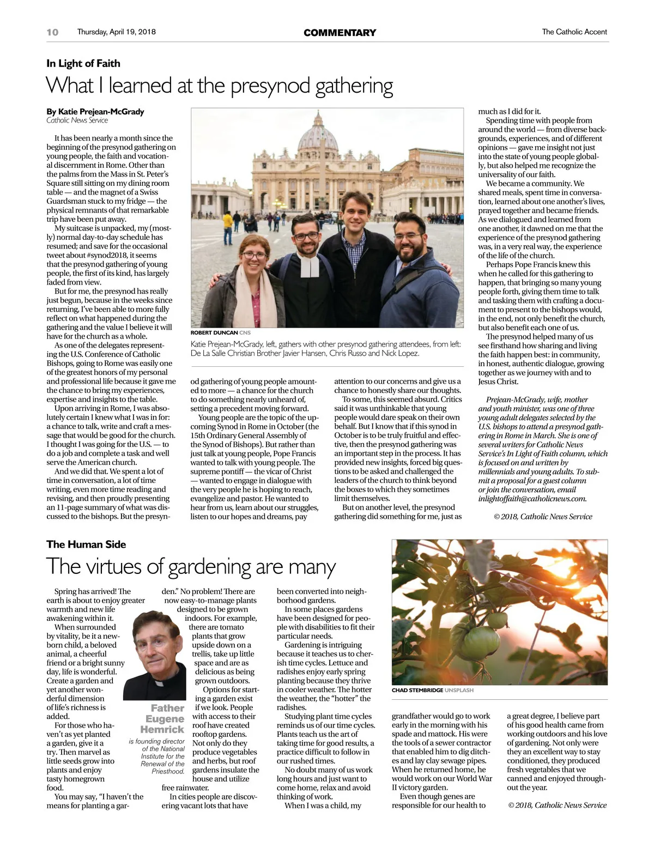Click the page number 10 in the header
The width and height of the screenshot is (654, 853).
52,32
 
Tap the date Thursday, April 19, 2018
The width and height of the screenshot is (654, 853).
116,32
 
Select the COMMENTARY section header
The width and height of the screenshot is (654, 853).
340,33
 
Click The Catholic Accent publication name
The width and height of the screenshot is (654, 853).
574,32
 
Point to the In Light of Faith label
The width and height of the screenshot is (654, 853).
83,63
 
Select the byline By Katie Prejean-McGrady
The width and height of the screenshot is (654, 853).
95,111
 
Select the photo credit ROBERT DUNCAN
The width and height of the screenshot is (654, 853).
214,332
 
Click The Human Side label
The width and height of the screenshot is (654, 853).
86,544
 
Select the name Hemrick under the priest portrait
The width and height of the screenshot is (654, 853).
162,729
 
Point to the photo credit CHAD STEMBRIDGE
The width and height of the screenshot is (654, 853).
417,690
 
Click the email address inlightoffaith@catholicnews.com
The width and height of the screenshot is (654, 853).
532,498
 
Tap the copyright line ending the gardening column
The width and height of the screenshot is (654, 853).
557,805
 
